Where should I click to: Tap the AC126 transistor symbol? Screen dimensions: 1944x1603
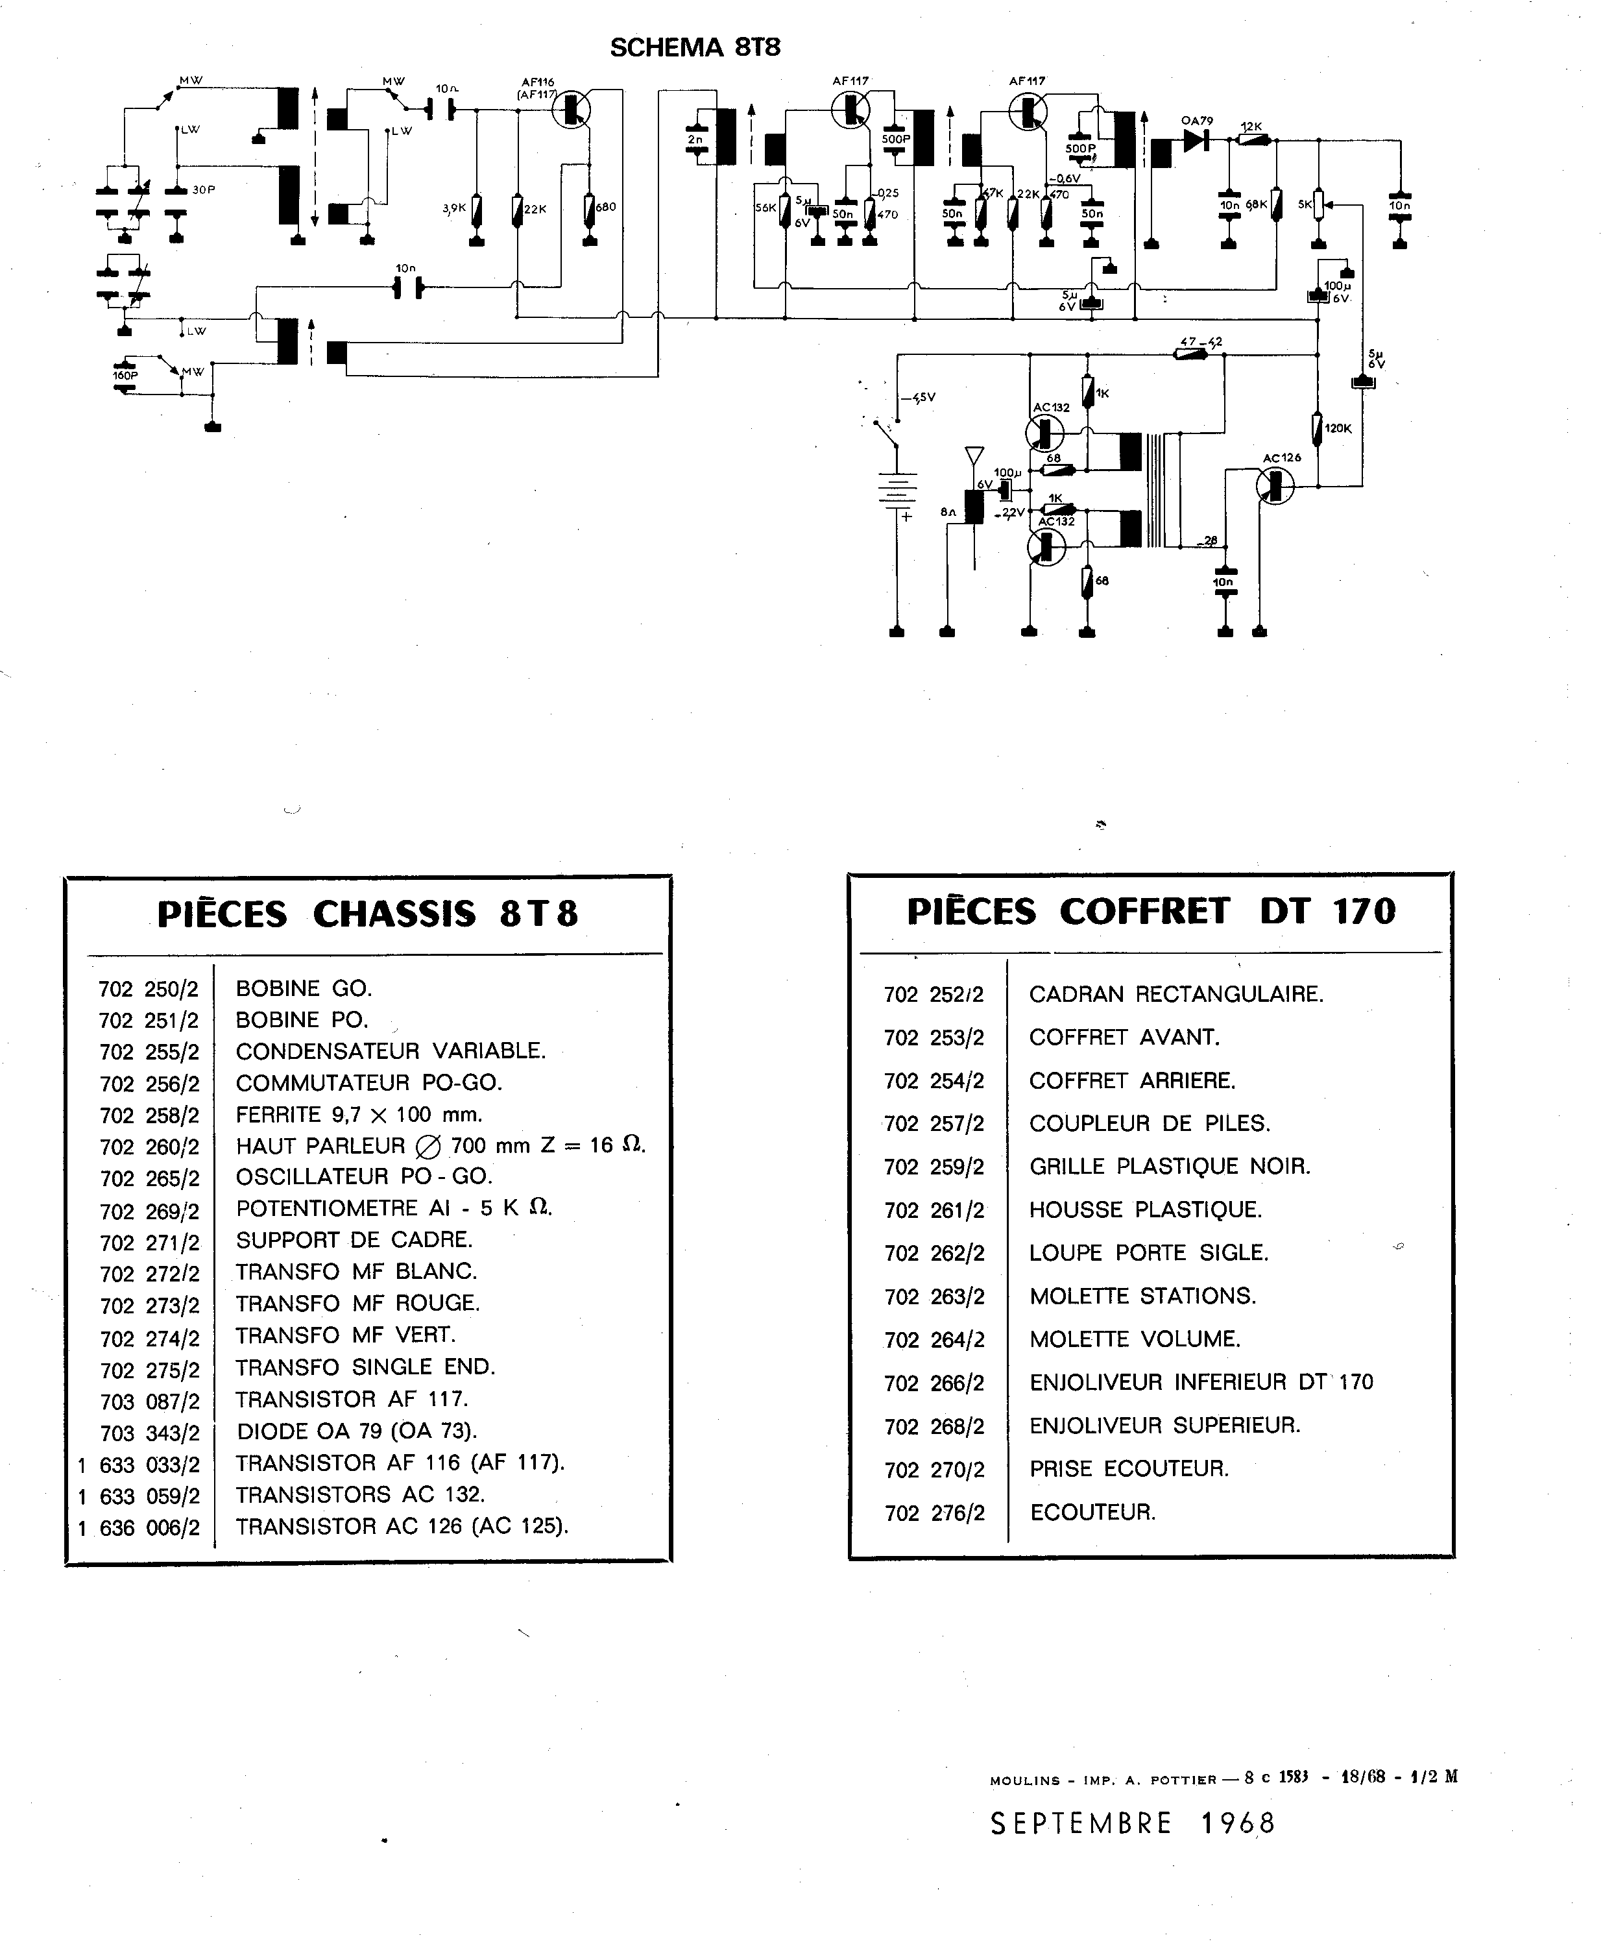pyautogui.click(x=1276, y=484)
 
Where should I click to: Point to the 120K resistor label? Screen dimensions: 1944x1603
pyautogui.click(x=1337, y=428)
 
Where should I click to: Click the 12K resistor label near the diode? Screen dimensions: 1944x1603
pyautogui.click(x=1251, y=127)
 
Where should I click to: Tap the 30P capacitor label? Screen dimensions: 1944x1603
pyautogui.click(x=203, y=189)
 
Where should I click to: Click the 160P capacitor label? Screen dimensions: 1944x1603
pyautogui.click(x=125, y=376)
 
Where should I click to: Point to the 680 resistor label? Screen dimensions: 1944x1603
pyautogui.click(x=606, y=207)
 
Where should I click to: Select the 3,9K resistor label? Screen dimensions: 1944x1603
pyautogui.click(x=454, y=209)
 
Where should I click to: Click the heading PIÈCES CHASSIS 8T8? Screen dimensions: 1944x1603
pyautogui.click(x=368, y=914)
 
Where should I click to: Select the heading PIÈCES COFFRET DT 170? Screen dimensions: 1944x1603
pyautogui.click(x=1151, y=912)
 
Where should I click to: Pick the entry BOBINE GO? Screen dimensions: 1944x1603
pyautogui.click(x=303, y=988)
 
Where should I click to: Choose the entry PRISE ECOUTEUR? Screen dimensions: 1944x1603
pyautogui.click(x=1128, y=1468)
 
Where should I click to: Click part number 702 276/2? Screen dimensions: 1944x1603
pyautogui.click(x=934, y=1513)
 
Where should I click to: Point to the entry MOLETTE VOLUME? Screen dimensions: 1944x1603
pyautogui.click(x=1135, y=1339)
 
